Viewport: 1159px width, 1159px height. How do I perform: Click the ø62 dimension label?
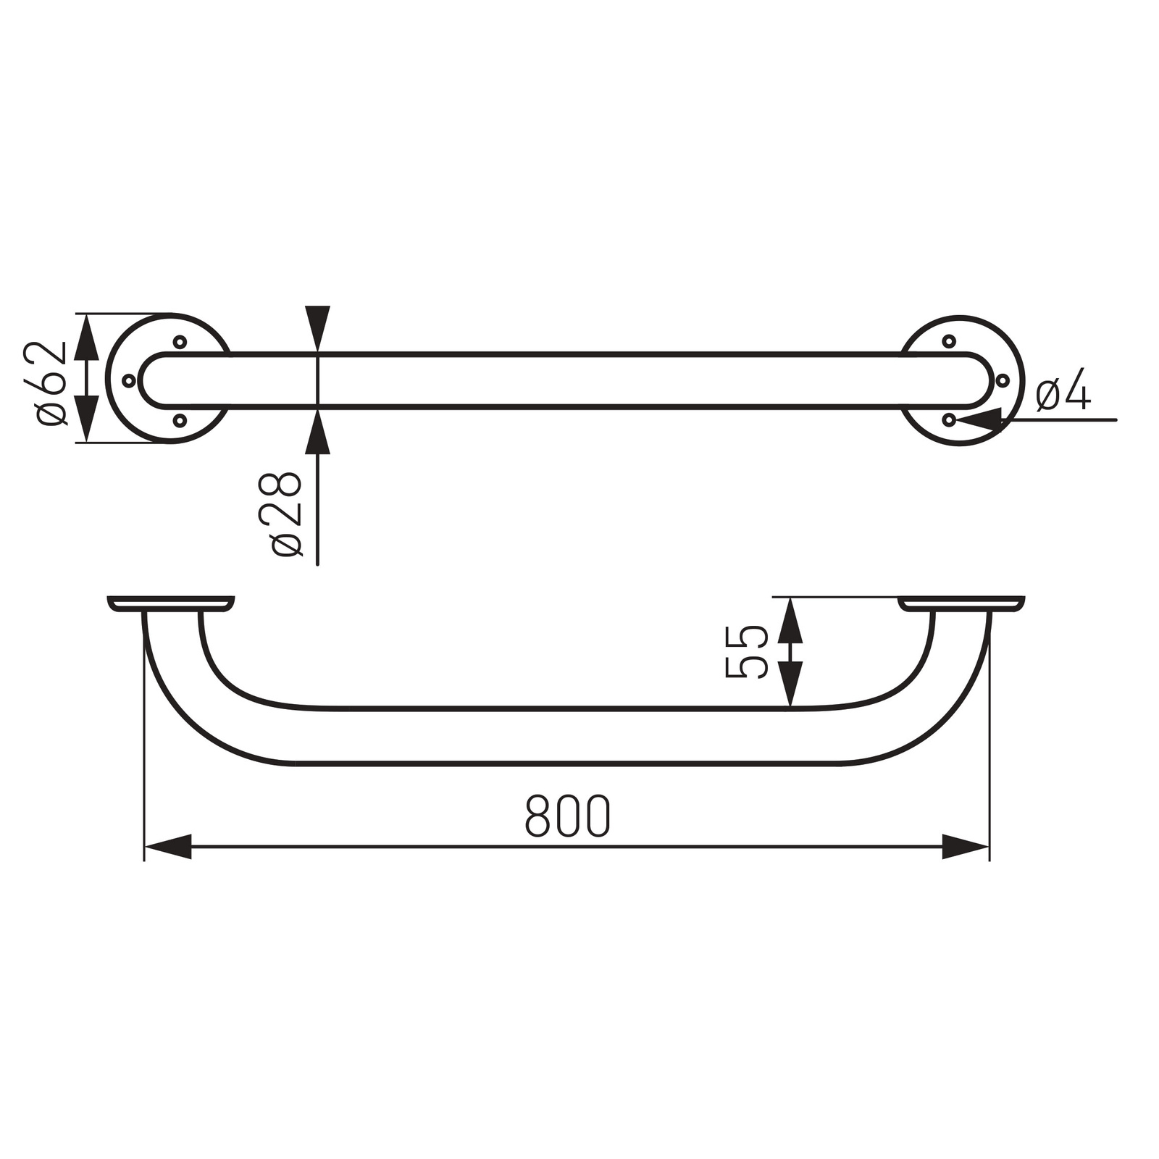[x=51, y=383]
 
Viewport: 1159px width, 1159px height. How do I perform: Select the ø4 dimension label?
[x=1063, y=389]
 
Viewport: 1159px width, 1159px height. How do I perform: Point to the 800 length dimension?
[x=568, y=816]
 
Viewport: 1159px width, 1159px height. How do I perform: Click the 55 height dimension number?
[x=746, y=652]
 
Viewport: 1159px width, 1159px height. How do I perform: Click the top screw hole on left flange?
[x=180, y=341]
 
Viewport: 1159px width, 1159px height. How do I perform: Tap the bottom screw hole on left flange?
[x=180, y=419]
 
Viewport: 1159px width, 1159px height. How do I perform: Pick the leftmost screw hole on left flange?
[x=129, y=380]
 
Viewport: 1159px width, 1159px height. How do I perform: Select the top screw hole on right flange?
[x=949, y=341]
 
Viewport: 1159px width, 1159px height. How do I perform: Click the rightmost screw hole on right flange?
[x=1003, y=380]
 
